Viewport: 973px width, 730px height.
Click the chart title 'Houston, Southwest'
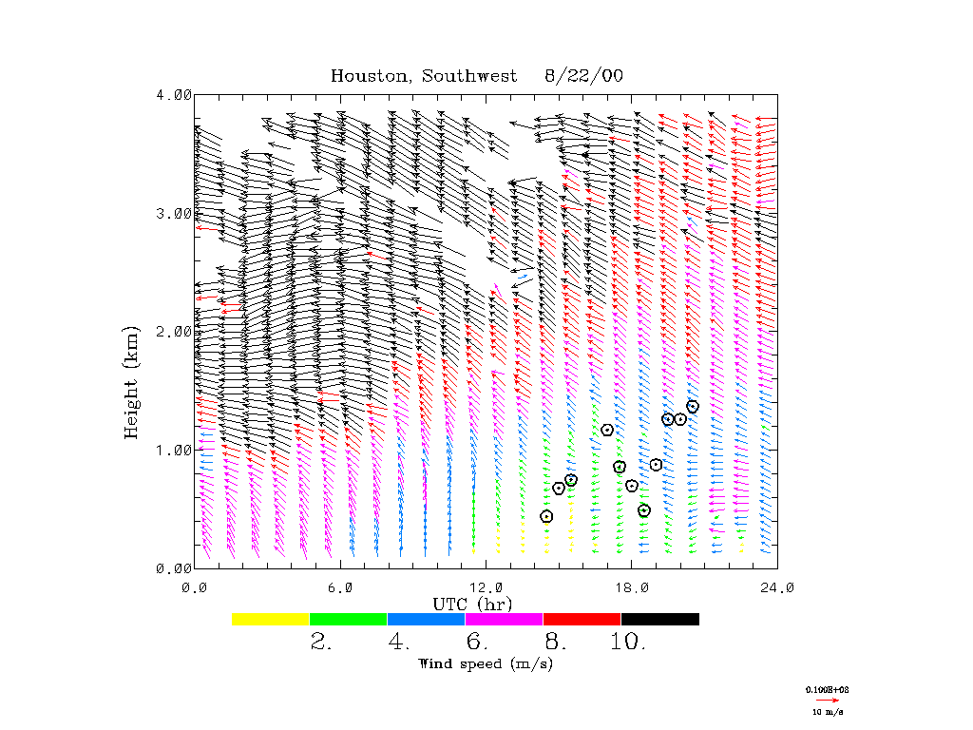click(x=424, y=76)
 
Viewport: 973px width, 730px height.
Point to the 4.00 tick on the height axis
click(x=174, y=94)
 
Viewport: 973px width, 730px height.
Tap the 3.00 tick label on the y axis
click(x=174, y=213)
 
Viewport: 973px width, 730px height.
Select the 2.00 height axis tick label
click(x=174, y=331)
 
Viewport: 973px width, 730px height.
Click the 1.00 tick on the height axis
click(x=174, y=450)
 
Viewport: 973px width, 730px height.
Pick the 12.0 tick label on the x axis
click(x=486, y=587)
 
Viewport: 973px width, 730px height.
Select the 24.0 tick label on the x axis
click(x=777, y=587)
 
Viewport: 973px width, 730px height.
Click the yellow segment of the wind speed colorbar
click(x=271, y=619)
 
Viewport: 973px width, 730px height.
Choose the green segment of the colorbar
click(x=349, y=619)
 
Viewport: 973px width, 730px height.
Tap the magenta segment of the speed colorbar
click(x=505, y=619)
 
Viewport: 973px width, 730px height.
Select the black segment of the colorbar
click(x=660, y=619)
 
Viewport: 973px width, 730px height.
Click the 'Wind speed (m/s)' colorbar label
click(x=486, y=663)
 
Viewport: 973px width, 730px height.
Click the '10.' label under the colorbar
click(x=629, y=642)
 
